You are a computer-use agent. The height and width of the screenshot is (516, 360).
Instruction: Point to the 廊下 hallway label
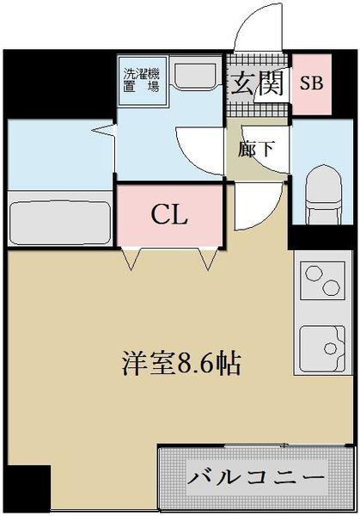coord(257,148)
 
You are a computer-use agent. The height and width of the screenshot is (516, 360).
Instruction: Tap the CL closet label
coord(170,215)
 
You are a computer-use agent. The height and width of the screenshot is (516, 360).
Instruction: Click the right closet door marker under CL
coord(206,258)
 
